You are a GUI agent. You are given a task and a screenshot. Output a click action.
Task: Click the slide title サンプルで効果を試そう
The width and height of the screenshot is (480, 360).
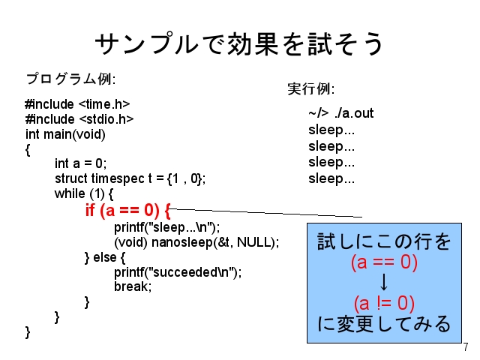[239, 44]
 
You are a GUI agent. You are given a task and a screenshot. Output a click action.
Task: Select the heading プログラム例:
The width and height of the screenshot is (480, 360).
[70, 79]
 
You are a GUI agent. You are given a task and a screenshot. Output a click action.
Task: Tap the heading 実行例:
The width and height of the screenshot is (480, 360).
[311, 89]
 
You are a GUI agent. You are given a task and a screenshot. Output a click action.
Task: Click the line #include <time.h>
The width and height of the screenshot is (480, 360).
[77, 104]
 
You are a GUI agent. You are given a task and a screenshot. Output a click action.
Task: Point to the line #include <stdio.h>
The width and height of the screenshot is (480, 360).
[79, 119]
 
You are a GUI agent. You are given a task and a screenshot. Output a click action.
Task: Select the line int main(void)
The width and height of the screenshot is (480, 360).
[65, 134]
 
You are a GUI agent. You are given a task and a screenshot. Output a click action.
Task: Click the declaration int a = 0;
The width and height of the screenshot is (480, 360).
[81, 163]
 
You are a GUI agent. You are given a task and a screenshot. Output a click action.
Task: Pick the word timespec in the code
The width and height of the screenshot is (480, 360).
[118, 178]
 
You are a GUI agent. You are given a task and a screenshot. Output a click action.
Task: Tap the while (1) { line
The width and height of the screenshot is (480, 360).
[84, 193]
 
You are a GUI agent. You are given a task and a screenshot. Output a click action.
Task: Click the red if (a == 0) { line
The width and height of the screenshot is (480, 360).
[127, 210]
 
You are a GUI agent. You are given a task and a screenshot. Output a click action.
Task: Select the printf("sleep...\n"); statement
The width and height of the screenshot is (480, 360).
[166, 227]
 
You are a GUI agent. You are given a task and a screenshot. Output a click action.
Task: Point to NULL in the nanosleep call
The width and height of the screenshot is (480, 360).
[254, 242]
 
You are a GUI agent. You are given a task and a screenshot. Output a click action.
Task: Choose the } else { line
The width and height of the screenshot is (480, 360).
[105, 257]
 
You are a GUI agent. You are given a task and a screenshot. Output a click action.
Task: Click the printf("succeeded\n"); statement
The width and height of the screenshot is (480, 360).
[178, 272]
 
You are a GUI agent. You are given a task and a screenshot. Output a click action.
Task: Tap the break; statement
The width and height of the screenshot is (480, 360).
[133, 286]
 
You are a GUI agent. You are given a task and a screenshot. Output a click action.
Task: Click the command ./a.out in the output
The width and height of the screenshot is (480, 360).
[354, 113]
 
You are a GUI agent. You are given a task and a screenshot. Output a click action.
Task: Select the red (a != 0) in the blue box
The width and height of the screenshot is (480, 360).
[384, 303]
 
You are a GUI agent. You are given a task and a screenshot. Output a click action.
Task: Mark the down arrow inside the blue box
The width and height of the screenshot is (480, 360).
[384, 282]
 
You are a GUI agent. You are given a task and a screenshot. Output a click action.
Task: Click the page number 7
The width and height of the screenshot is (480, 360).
[466, 347]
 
